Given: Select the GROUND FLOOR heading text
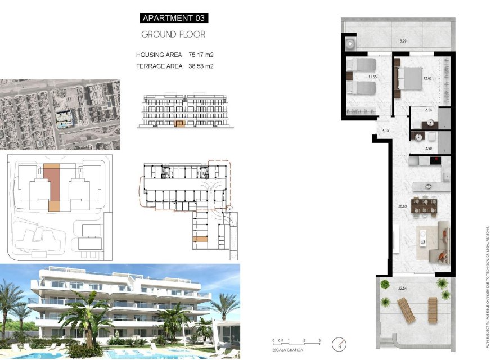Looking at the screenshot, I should click(173, 34).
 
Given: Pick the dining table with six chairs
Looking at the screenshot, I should click(425, 205).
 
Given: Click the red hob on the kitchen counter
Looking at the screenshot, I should click(435, 161).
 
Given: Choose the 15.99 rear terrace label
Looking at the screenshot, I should click(402, 41).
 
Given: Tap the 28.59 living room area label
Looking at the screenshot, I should click(403, 207).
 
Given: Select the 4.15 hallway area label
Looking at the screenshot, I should click(385, 130).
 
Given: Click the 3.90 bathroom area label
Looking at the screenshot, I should click(429, 148).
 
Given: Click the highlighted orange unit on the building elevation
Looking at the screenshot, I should click(180, 123).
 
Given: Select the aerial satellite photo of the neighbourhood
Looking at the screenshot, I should click(60, 114).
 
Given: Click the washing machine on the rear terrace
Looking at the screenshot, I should click(352, 42).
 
